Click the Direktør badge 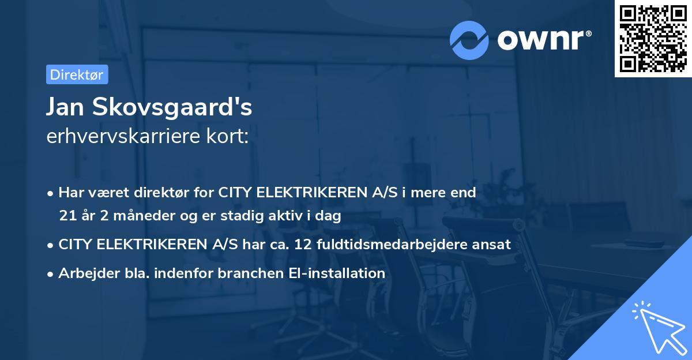[x=77, y=74]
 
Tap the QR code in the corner [x=653, y=38]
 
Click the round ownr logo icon [x=469, y=40]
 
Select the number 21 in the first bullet [x=67, y=216]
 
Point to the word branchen [x=244, y=273]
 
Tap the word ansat [x=494, y=244]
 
